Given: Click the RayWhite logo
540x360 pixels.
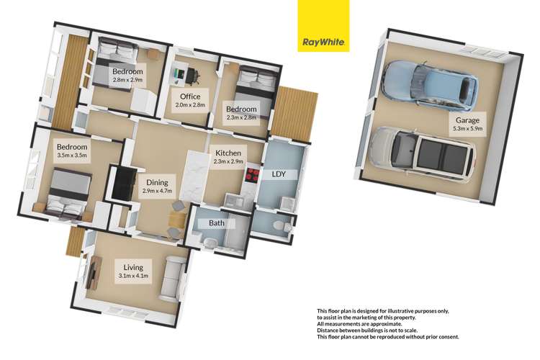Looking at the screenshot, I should coord(323,26).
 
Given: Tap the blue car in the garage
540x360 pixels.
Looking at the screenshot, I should coord(430,81).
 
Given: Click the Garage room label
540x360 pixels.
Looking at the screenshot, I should coord(467,125).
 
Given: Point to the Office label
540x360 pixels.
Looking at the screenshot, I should coord(189,100).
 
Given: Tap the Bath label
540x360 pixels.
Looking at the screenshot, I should coord(217,223).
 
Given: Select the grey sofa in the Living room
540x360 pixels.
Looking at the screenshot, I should coord(172,277).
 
